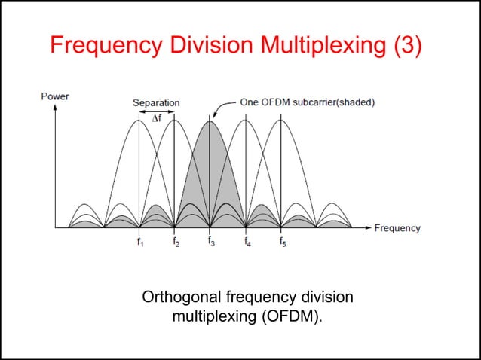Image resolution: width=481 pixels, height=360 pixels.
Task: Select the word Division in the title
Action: pos(207,45)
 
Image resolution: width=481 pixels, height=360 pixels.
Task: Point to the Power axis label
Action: pos(54,96)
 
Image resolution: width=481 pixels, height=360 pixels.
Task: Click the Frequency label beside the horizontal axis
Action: pos(397,228)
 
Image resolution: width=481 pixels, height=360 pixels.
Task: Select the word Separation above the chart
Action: pos(156,102)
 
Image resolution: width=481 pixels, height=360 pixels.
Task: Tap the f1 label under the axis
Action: pos(139,242)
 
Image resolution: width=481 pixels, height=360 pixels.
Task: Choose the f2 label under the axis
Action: pos(175,242)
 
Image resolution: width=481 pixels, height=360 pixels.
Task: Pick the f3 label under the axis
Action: pos(211,242)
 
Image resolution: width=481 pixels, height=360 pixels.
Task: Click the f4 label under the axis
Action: pos(247,242)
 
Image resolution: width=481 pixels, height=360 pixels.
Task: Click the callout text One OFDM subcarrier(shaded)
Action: pos(307,102)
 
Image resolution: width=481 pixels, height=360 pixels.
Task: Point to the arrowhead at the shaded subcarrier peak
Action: pos(211,117)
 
